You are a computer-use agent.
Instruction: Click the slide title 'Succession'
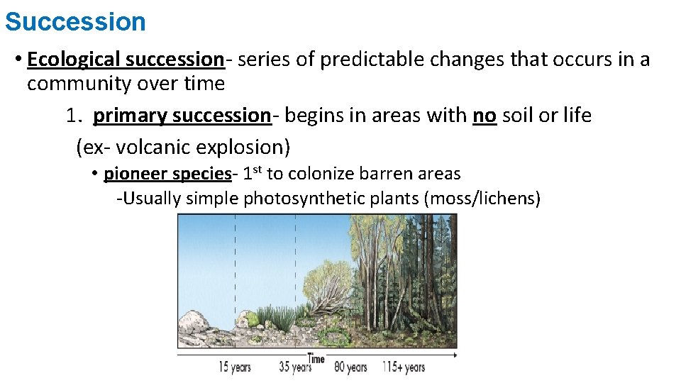click(75, 21)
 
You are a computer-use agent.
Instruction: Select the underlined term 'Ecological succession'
click(126, 59)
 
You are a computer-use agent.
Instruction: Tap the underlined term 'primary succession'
click(182, 115)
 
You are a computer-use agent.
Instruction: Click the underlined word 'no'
click(485, 115)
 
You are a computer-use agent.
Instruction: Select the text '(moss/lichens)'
click(482, 199)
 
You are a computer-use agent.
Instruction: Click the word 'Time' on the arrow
click(316, 358)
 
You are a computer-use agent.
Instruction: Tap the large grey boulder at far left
click(193, 326)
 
